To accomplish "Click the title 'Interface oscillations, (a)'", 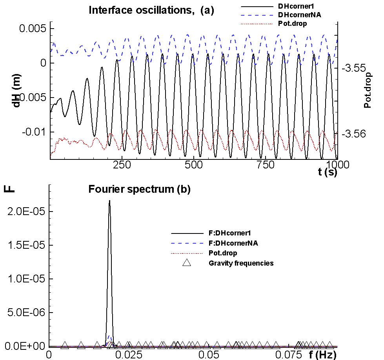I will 151,10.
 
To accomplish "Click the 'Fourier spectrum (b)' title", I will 139,190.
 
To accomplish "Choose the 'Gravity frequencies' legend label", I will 241,263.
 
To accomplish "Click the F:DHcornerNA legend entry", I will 233,243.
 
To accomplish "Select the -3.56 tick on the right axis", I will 354,134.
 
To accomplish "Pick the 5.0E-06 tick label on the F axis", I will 24,313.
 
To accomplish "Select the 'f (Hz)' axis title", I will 319,355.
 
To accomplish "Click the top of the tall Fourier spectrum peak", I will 109,201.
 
